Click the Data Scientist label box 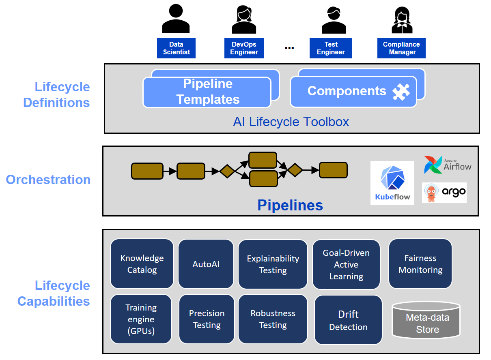pos(176,48)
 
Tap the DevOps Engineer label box pos(244,48)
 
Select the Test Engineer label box pos(331,48)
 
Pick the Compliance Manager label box pos(402,48)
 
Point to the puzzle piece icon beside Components pos(401,91)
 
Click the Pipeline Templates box pos(207,92)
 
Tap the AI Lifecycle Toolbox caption pos(291,122)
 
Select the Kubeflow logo pos(392,183)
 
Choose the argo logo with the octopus pos(444,193)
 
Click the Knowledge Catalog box pos(142,264)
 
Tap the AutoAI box pos(206,264)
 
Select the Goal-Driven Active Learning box pos(346,264)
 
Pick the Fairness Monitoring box pos(420,264)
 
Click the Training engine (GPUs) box pos(141,319)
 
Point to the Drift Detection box pos(348,320)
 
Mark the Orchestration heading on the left pos(48,180)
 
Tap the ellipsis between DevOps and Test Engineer pos(289,48)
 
